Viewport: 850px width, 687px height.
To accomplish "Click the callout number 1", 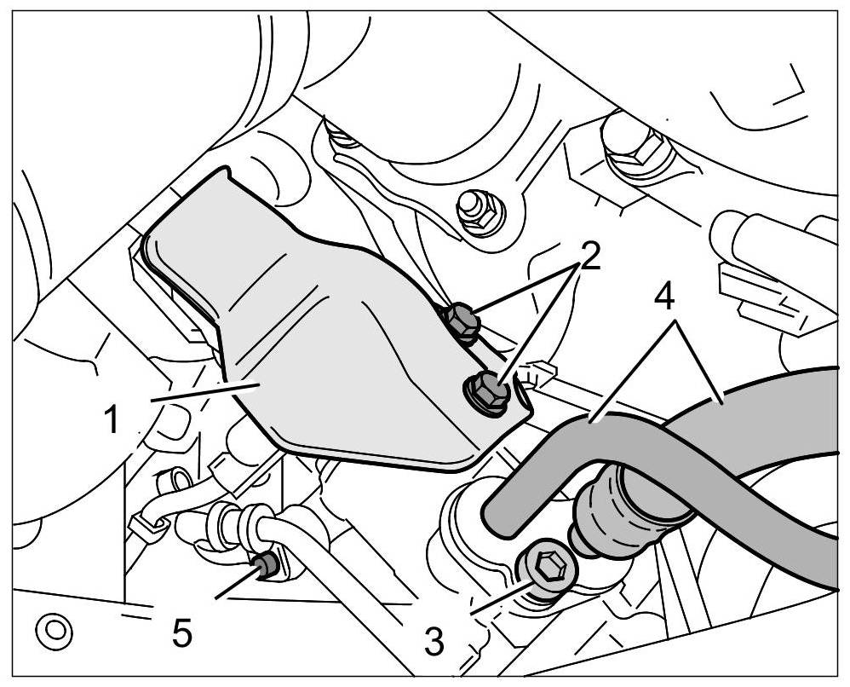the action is pyautogui.click(x=112, y=420).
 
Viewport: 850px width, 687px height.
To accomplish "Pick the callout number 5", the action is pyautogui.click(x=181, y=632).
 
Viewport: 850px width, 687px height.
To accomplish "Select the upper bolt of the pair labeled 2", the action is pyautogui.click(x=461, y=321).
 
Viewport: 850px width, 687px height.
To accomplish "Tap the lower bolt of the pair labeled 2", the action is pyautogui.click(x=488, y=391).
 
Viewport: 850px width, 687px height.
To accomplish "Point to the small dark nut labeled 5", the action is pyautogui.click(x=265, y=563).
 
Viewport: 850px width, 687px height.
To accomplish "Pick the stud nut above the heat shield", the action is pyautogui.click(x=471, y=206).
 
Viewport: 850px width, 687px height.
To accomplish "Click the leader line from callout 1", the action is pyautogui.click(x=204, y=391).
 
